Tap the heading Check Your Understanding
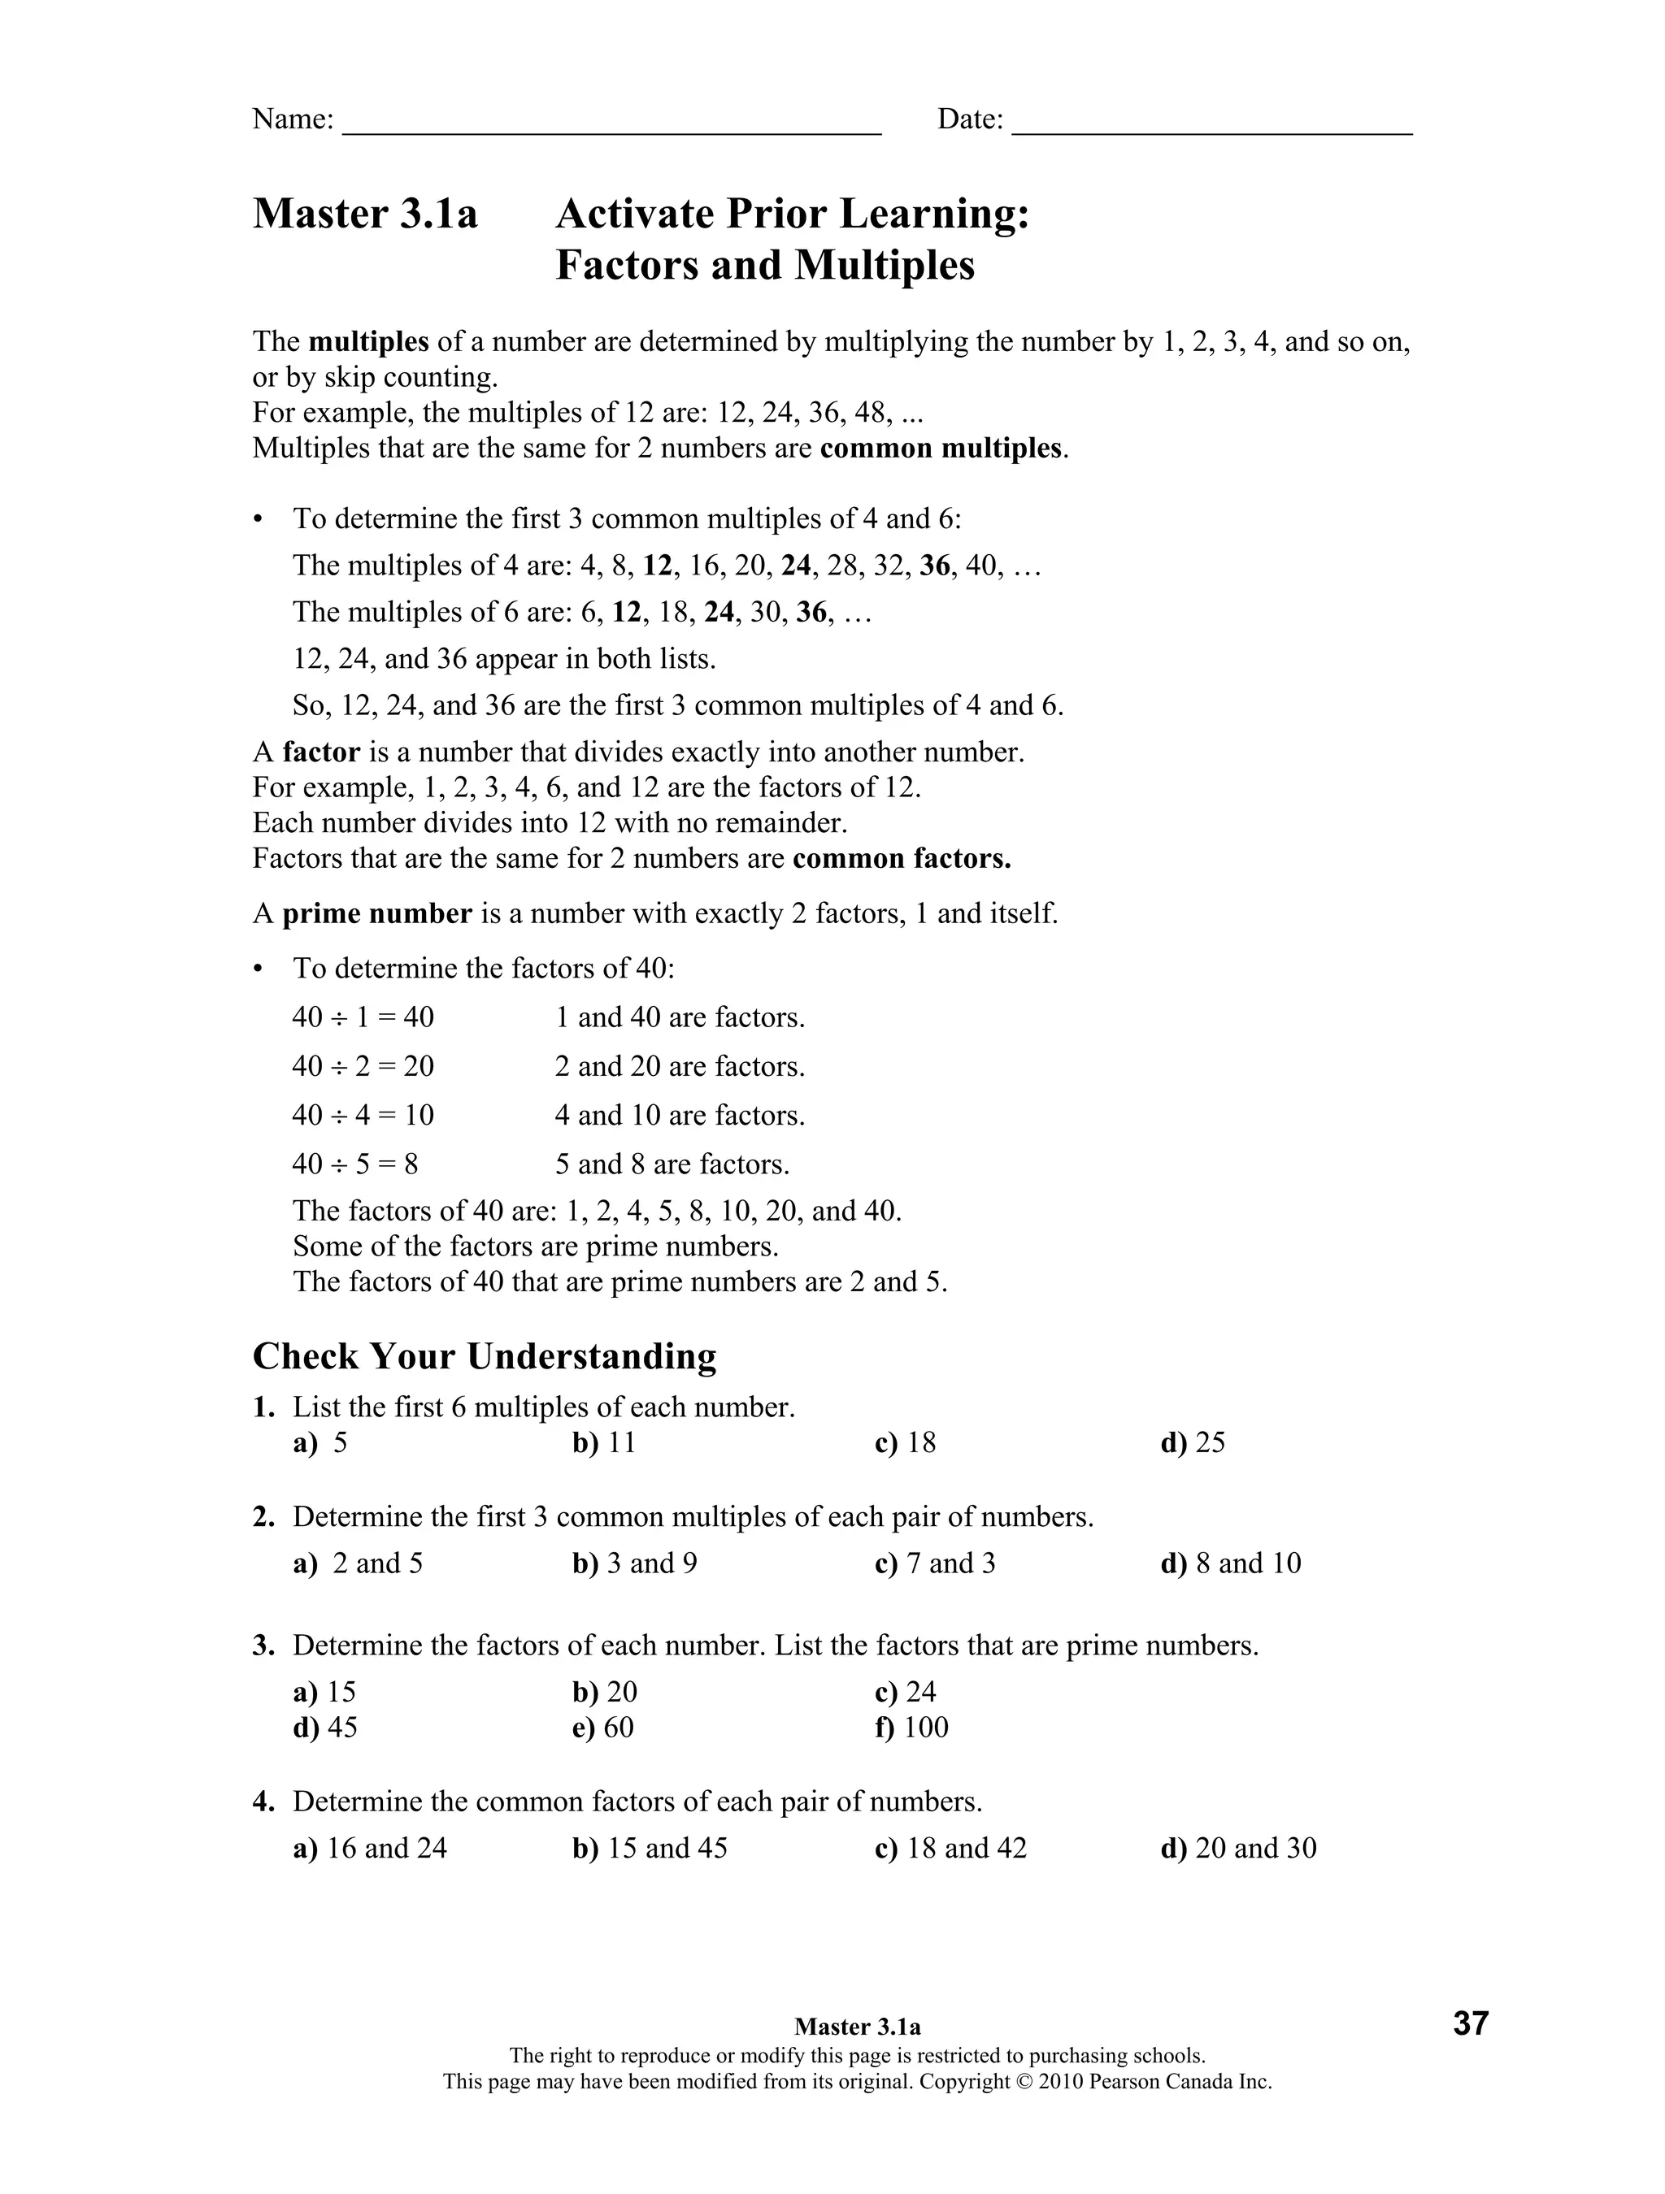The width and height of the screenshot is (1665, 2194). pyautogui.click(x=485, y=1356)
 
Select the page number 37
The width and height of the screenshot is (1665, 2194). pyautogui.click(x=1471, y=2023)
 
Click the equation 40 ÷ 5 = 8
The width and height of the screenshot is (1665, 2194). pyautogui.click(x=355, y=1164)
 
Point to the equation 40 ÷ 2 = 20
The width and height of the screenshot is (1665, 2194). pyautogui.click(x=363, y=1066)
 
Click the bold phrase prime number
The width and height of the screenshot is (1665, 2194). pyautogui.click(x=377, y=913)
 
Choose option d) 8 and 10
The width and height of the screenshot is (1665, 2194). pyautogui.click(x=1230, y=1563)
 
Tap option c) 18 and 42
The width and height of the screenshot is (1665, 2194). pyautogui.click(x=950, y=1848)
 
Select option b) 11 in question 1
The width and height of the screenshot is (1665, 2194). pyautogui.click(x=603, y=1442)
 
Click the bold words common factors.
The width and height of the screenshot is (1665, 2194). pyautogui.click(x=901, y=858)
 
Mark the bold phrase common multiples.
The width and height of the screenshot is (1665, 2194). pyautogui.click(x=941, y=449)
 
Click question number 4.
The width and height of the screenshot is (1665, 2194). pyautogui.click(x=263, y=1802)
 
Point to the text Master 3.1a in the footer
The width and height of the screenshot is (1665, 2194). pyautogui.click(x=858, y=2027)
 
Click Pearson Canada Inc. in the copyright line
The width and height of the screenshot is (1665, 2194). pyautogui.click(x=1180, y=2082)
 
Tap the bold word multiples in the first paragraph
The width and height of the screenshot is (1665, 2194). pyautogui.click(x=368, y=342)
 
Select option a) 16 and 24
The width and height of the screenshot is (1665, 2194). pyautogui.click(x=370, y=1848)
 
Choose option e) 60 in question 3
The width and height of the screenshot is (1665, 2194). pyautogui.click(x=603, y=1727)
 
